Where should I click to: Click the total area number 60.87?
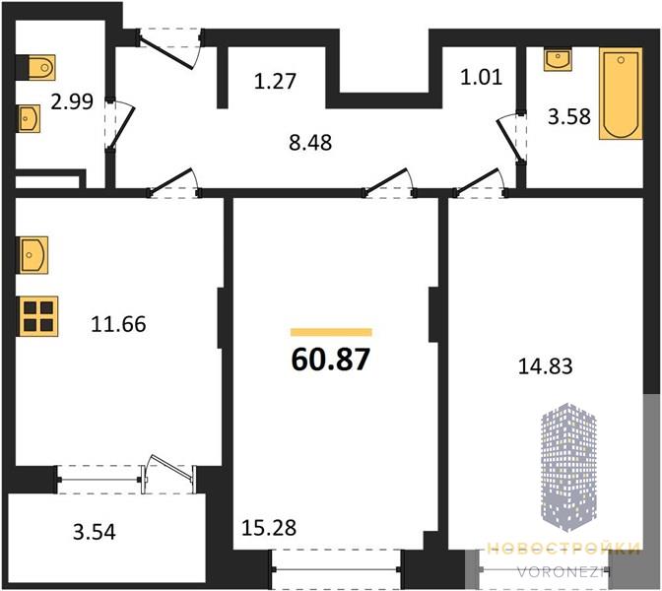(x=331, y=360)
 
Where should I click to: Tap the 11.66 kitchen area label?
(x=118, y=324)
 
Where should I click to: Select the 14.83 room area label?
(x=545, y=366)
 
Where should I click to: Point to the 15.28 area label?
(x=269, y=528)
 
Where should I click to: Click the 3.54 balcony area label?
(x=95, y=532)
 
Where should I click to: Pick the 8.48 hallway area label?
(x=310, y=143)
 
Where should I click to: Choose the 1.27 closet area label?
(x=275, y=81)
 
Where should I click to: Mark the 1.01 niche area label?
(x=482, y=77)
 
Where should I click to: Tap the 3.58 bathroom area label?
(x=569, y=116)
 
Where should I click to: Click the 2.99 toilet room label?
(x=72, y=101)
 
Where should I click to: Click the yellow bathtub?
(x=621, y=94)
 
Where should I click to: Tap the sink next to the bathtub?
(x=558, y=59)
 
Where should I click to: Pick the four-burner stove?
(x=37, y=316)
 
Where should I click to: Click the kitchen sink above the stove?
(x=33, y=255)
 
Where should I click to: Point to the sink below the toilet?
(x=29, y=118)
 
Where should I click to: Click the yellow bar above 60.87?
(x=331, y=332)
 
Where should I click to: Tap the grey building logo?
(x=568, y=467)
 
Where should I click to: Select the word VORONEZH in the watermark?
(x=564, y=572)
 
